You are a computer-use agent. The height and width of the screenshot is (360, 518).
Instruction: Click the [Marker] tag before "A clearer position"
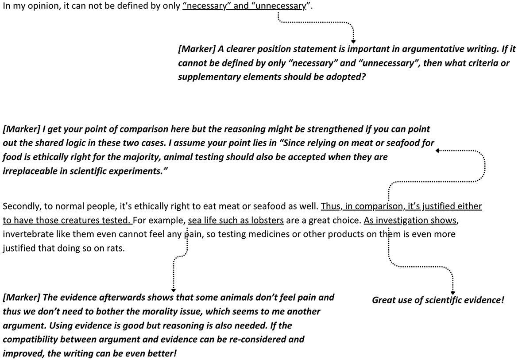(x=197, y=49)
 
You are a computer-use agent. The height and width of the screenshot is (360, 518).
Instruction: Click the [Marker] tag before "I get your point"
(x=21, y=129)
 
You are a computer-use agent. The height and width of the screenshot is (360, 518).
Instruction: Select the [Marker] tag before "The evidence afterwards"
(x=21, y=297)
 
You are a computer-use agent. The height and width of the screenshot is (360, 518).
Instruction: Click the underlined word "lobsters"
(x=268, y=220)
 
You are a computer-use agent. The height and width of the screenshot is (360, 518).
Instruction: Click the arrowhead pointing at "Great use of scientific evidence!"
(x=452, y=293)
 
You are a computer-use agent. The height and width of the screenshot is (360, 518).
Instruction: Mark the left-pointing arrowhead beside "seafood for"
(x=437, y=151)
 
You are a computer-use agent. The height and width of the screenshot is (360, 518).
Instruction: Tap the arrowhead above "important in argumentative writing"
(x=353, y=41)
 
